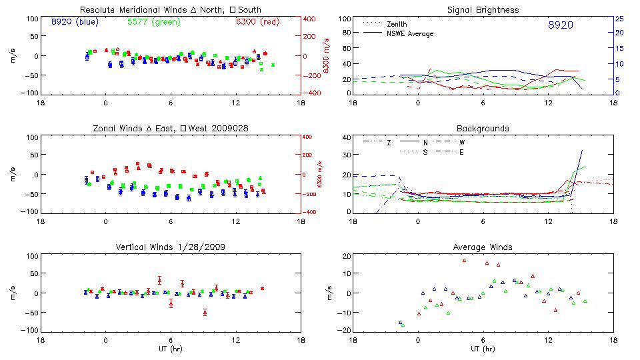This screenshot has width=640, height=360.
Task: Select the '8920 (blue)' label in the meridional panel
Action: (x=75, y=21)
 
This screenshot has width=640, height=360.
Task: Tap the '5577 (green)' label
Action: (x=153, y=21)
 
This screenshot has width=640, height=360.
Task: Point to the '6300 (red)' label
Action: (x=257, y=21)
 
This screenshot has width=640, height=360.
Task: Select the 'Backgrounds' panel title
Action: (x=483, y=128)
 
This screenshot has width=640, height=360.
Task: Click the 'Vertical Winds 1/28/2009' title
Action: (x=170, y=247)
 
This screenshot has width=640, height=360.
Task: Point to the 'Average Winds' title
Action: (x=483, y=247)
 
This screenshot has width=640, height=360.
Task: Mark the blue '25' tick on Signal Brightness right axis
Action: (x=619, y=19)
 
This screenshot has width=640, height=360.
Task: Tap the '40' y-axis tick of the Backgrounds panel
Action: (x=346, y=138)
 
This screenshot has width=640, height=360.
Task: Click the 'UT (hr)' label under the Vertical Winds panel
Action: (x=171, y=348)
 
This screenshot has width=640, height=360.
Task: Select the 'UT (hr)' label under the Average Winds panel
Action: (x=483, y=348)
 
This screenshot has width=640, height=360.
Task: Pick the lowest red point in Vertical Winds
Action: (x=205, y=312)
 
